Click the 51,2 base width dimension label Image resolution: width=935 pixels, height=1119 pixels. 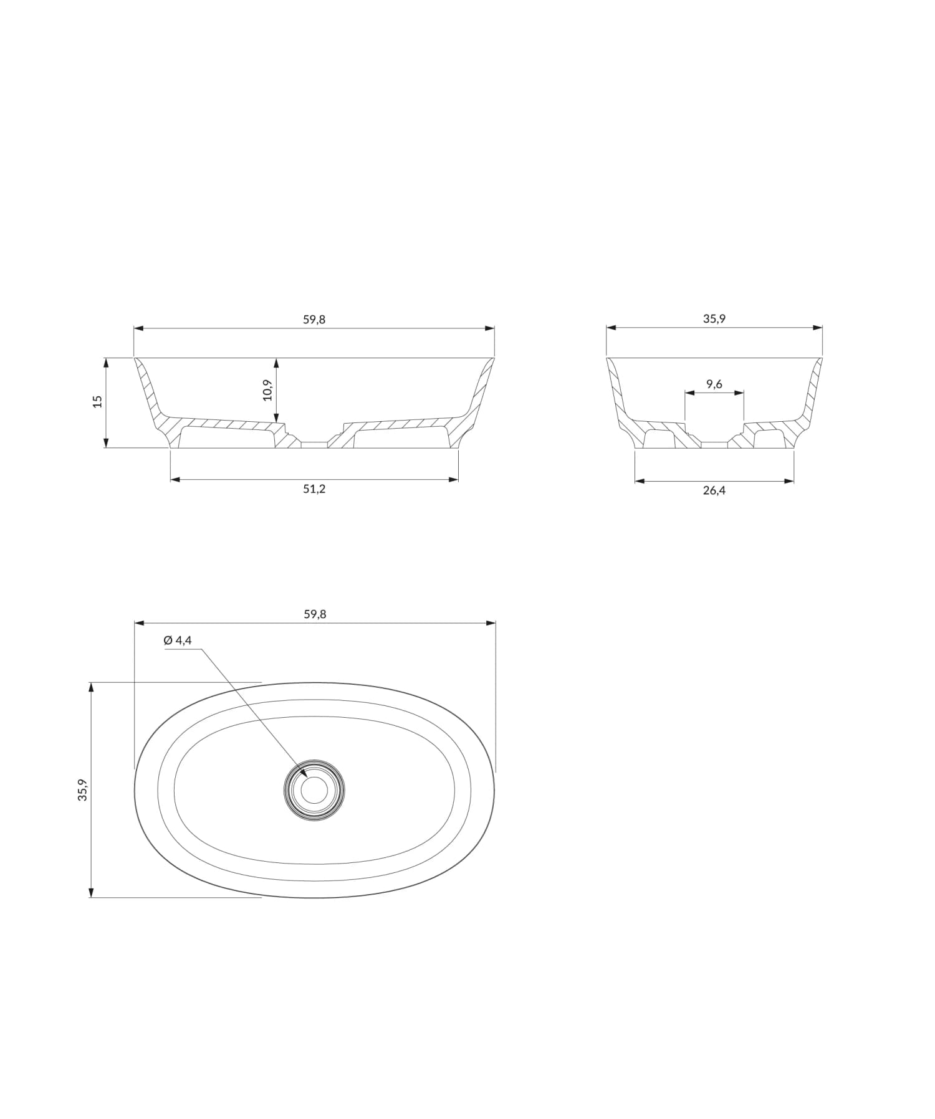tap(314, 489)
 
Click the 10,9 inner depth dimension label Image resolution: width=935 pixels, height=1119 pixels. tap(267, 390)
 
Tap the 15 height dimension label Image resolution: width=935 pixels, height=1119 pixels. tap(97, 402)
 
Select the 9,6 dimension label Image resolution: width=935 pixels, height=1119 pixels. tap(714, 384)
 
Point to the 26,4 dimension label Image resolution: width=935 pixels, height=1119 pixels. tap(714, 490)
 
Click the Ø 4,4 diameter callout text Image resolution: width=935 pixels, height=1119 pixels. tap(178, 640)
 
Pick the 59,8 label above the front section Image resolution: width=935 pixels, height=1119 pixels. tap(314, 320)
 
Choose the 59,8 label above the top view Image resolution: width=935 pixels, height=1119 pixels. tap(315, 614)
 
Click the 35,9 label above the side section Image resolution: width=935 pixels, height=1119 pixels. tap(714, 318)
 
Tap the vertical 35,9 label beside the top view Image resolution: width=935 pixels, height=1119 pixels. tap(82, 790)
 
